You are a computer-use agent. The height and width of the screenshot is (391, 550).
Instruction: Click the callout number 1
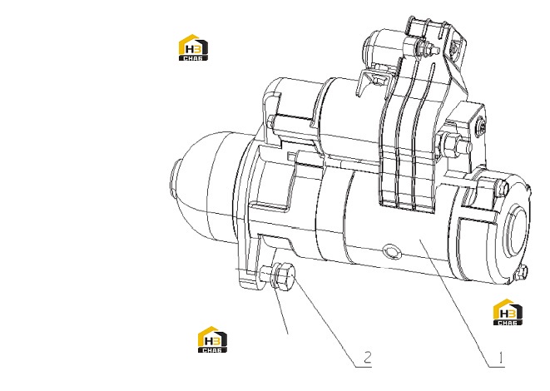501,358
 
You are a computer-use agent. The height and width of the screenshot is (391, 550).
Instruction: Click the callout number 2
367,358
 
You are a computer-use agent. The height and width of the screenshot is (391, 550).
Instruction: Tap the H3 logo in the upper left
193,47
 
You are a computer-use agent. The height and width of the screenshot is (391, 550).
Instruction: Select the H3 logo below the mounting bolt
212,339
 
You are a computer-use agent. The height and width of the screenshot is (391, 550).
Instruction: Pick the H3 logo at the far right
508,312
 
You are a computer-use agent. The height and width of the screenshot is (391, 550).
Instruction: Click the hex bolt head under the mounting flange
287,275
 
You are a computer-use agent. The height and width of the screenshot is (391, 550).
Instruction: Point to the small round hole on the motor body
391,252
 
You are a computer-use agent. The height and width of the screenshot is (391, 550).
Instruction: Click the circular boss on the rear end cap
516,230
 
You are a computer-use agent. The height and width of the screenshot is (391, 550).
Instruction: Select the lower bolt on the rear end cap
522,272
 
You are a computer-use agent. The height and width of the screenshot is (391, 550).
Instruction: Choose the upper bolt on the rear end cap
502,188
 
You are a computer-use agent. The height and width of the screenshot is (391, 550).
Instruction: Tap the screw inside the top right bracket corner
455,47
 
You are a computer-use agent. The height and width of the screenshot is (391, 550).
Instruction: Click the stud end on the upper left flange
271,122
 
